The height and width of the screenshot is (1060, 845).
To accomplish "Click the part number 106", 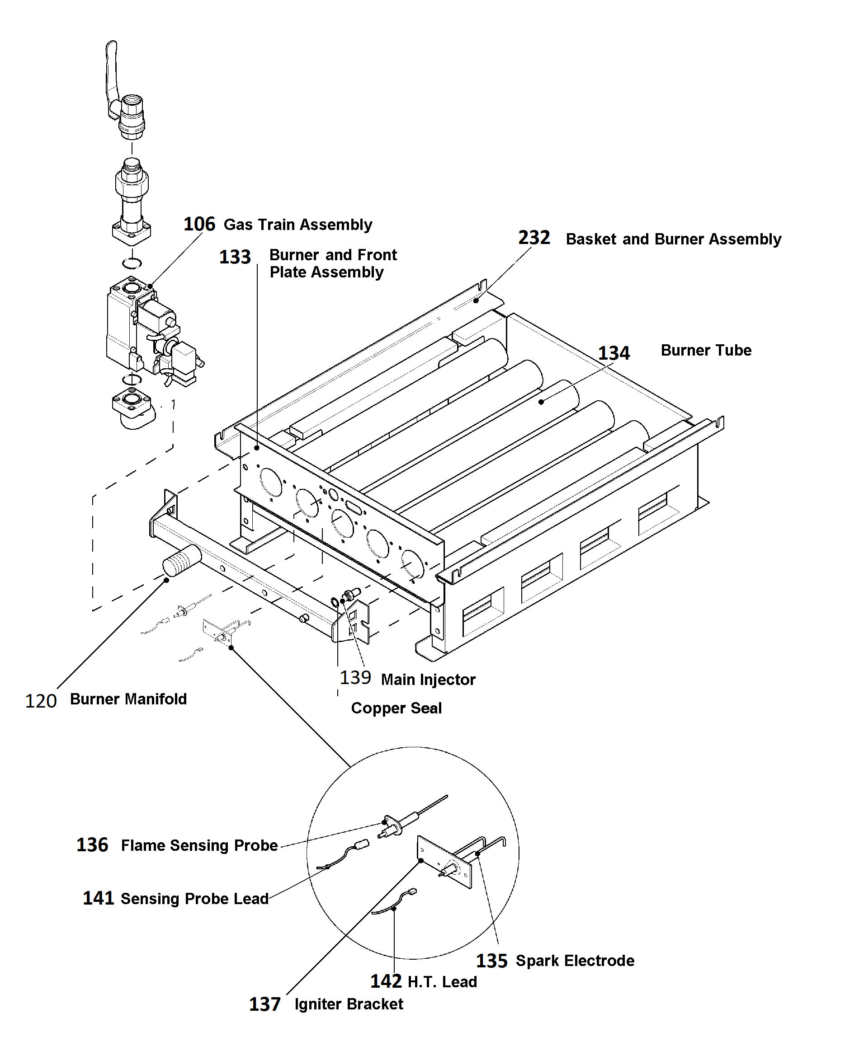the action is [199, 224].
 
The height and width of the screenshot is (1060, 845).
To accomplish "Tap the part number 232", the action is [533, 238].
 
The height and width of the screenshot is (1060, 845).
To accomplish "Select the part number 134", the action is [614, 353].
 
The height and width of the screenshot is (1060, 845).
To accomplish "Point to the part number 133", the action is [235, 257].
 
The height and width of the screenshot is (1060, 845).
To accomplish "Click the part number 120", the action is [41, 701].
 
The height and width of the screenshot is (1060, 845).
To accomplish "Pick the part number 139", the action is [355, 677].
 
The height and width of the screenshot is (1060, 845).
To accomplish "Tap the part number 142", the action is [386, 981].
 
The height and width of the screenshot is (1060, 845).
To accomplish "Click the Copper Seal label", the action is [397, 708].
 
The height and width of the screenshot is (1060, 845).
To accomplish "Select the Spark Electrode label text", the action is [575, 961].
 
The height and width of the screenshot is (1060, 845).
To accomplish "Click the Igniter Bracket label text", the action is [349, 1004].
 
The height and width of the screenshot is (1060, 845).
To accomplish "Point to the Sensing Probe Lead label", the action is [195, 899].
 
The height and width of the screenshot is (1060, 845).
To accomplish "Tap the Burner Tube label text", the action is [706, 350].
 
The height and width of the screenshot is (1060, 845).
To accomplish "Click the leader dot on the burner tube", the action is [541, 402].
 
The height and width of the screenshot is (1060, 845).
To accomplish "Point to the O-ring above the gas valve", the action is [132, 263].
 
